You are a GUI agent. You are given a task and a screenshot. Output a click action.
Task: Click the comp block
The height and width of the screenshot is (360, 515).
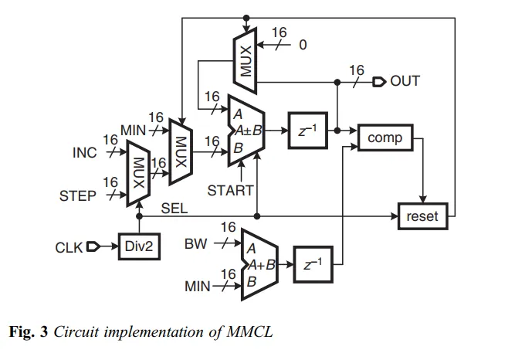(386, 138)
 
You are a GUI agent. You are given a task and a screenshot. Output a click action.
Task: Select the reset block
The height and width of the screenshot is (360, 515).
(422, 216)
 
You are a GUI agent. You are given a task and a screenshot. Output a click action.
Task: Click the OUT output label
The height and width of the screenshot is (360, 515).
(405, 80)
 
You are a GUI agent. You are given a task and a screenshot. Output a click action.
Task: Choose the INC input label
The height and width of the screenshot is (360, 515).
(85, 152)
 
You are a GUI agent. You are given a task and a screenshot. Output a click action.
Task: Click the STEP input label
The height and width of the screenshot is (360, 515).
(78, 195)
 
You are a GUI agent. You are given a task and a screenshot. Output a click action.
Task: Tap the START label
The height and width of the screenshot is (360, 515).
(231, 190)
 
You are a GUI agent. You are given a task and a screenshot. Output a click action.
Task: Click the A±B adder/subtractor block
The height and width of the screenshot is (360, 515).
(246, 131)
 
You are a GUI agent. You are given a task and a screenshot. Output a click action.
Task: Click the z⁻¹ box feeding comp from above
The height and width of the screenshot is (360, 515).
(306, 131)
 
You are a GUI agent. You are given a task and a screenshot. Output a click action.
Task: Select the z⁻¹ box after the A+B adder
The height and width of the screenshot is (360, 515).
(313, 265)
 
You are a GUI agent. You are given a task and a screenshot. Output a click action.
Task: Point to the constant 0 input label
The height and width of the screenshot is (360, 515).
(303, 45)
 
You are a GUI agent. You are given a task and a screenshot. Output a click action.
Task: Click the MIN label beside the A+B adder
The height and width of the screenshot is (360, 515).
(198, 287)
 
